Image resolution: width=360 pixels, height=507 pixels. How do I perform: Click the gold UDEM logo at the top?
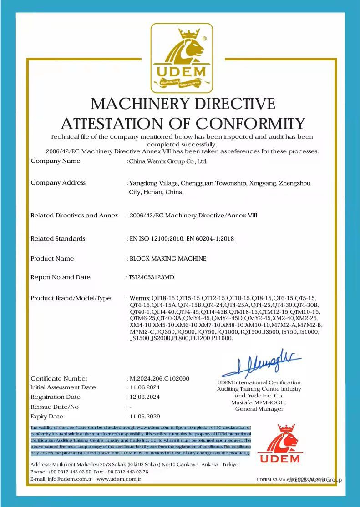182,56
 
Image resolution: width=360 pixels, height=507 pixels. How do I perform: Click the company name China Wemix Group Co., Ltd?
168,161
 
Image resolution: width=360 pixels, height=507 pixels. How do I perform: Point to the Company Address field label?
58,183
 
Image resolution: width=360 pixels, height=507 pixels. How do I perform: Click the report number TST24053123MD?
152,277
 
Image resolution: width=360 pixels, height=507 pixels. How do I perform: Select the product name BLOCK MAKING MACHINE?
168,259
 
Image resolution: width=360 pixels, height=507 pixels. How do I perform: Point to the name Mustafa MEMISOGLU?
259,402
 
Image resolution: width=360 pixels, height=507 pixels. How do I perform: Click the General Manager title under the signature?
259,409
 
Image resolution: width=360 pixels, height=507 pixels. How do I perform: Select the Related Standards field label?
58,238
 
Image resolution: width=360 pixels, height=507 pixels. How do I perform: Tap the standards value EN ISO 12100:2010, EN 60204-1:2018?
182,238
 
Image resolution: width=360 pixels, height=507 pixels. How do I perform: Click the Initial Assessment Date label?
63,387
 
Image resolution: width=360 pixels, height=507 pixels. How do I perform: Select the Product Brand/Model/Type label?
71,298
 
